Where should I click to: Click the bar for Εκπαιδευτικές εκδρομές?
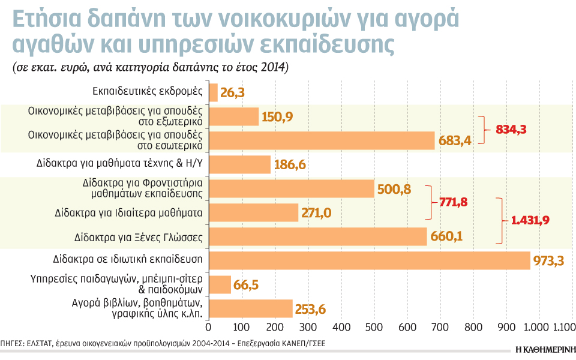coord(212,92)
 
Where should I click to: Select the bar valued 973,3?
coord(369,260)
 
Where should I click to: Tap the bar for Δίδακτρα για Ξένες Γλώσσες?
coord(317,236)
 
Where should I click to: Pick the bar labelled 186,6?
coord(239,164)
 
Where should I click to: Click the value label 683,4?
coord(455,141)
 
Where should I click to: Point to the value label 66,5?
coord(246,284)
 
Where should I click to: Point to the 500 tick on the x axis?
coord(374,328)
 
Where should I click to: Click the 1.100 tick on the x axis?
coord(563,328)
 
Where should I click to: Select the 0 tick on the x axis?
coord(208,328)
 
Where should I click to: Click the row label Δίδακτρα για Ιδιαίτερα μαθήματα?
coord(128,212)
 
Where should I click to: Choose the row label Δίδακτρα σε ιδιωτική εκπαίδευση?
coord(127,260)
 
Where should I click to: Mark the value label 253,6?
coord(310,309)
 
